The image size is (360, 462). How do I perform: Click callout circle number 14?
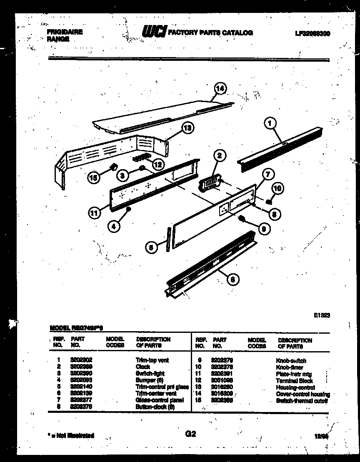click(220, 88)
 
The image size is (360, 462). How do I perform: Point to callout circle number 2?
click(220, 156)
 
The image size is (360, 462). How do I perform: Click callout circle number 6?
click(234, 279)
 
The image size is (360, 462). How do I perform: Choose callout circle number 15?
click(94, 177)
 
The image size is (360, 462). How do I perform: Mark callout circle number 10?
click(277, 189)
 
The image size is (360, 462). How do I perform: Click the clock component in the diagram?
click(210, 182)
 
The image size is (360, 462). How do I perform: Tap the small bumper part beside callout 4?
click(129, 210)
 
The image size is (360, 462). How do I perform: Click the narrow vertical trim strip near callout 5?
click(168, 240)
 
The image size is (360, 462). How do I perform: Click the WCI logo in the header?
click(154, 32)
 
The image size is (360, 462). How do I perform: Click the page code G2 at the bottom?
click(190, 434)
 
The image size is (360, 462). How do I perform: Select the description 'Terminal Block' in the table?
click(294, 381)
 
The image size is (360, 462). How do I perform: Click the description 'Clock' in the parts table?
click(142, 367)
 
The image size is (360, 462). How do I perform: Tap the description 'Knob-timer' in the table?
click(289, 367)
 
